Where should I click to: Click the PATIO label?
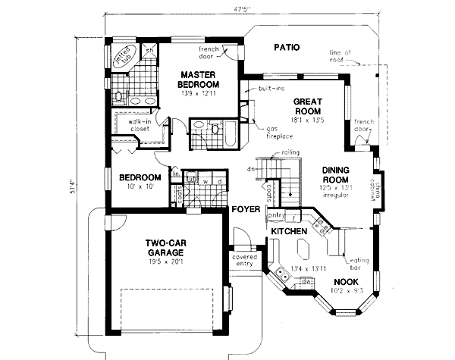[286, 48]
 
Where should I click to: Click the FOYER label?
[246, 208]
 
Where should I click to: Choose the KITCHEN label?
[288, 230]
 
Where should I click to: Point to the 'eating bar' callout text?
[355, 262]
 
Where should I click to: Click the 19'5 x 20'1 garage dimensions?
[167, 265]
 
